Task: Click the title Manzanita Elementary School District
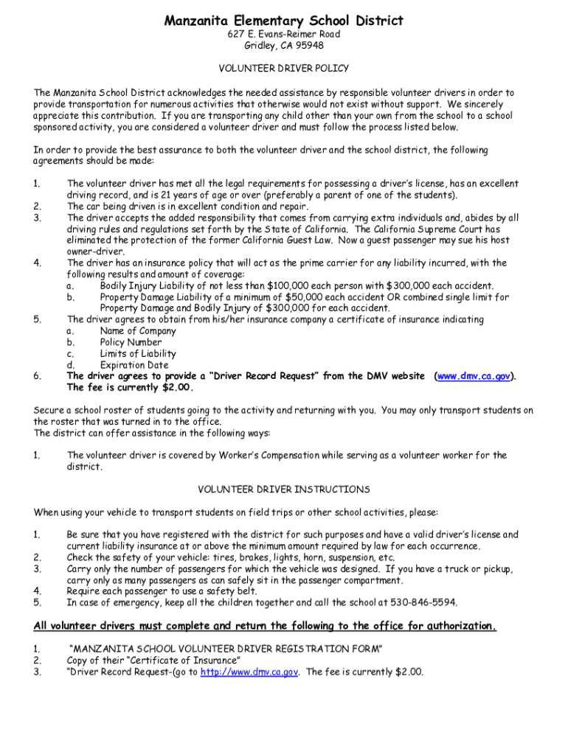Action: tap(284, 20)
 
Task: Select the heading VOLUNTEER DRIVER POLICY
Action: tap(284, 68)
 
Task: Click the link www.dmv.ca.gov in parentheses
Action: tap(474, 376)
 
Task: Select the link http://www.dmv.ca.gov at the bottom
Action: tap(249, 672)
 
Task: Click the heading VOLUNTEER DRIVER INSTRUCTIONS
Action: tap(284, 490)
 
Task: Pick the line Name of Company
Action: tap(138, 331)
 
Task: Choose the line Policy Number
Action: tap(131, 343)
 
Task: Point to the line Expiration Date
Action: tap(134, 365)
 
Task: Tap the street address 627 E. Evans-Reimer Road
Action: tap(284, 34)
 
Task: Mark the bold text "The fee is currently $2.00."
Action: tap(130, 387)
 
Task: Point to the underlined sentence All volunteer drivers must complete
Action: tap(265, 627)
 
